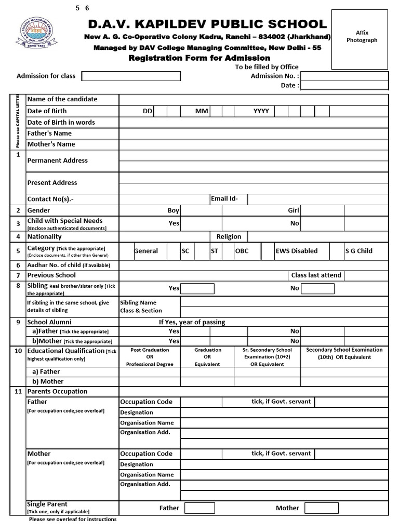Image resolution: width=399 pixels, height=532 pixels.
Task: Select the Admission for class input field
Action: coord(131,76)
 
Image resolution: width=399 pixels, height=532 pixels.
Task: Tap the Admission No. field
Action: coord(344,76)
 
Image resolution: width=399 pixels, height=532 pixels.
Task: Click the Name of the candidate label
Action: coord(62,99)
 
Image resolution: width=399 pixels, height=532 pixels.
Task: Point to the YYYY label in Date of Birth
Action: coord(261,111)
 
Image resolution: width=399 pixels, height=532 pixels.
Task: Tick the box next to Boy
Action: coord(201,210)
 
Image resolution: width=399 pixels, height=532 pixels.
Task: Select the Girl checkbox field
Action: coord(322,210)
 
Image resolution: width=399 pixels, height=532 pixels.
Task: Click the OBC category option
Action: coord(242,251)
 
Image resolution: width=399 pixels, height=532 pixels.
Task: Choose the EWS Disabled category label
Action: coord(296,251)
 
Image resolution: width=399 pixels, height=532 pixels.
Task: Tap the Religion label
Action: coord(229,237)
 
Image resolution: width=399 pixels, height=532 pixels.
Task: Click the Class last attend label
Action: coord(316,275)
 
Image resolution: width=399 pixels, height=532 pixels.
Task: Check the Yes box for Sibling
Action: coord(197,288)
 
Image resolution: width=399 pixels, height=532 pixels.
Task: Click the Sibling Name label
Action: coord(138,302)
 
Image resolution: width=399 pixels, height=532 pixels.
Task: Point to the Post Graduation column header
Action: coord(150,357)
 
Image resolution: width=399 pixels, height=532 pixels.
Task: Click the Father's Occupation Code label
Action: coord(146,402)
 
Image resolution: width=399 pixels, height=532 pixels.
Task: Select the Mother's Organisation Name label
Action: coord(147,475)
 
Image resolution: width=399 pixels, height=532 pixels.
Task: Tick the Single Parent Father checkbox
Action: coord(196,508)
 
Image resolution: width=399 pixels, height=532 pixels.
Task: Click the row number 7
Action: coord(18,275)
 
